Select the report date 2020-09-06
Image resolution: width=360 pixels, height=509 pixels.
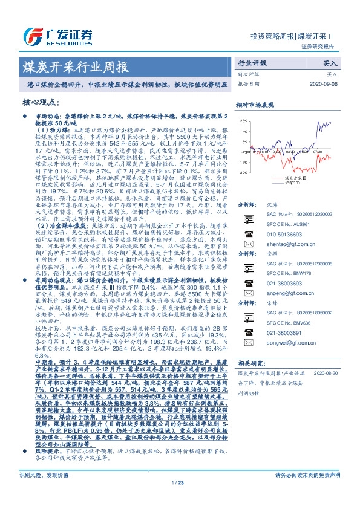point(324,83)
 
